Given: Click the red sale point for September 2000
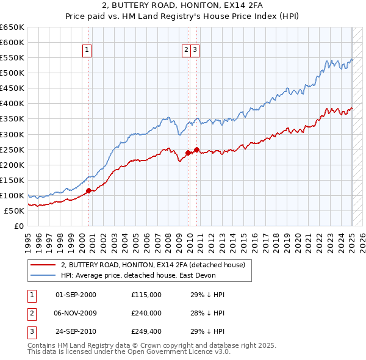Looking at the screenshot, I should tap(88, 190).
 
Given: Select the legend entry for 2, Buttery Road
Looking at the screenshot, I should tap(152, 265).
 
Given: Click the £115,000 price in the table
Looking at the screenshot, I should tap(146, 295).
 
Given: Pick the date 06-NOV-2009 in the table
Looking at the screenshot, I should tap(76, 313).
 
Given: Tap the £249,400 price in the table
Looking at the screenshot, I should tap(146, 331).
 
